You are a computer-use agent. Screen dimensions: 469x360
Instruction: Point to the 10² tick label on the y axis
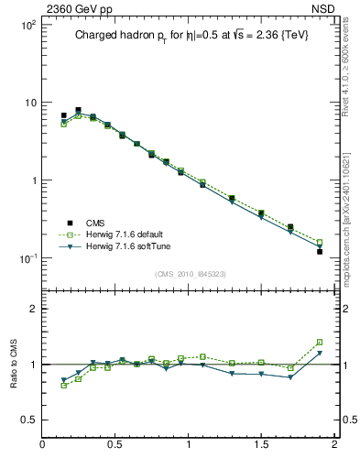point(27,24)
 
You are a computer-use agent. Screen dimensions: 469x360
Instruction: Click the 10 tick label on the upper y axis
point(29,103)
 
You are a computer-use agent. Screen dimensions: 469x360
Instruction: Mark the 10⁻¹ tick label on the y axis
point(27,258)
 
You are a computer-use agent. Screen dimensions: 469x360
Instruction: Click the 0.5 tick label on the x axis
point(115,445)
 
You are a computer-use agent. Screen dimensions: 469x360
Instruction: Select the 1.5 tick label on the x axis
point(261,445)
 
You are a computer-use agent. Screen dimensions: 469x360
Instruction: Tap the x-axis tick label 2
point(334,445)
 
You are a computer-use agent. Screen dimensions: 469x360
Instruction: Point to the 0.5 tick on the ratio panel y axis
point(29,420)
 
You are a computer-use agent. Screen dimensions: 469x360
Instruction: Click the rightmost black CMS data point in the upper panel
point(320,251)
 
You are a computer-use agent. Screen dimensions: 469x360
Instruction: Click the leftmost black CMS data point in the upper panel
point(63,115)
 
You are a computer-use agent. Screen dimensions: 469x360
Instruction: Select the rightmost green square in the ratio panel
point(320,342)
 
